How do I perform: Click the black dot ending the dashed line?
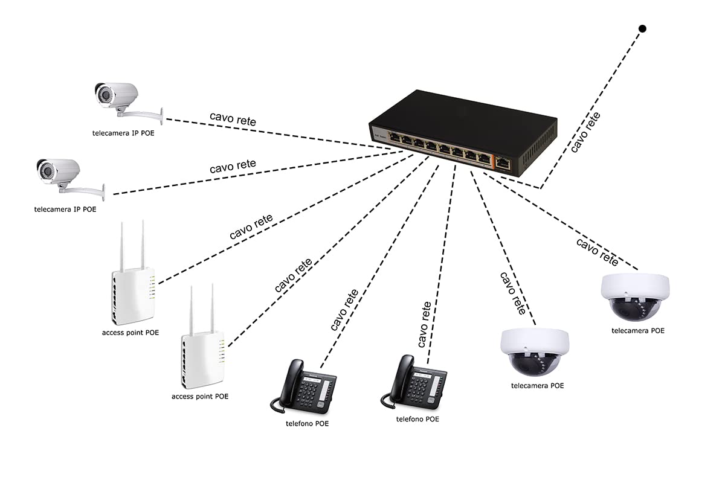[x=642, y=29]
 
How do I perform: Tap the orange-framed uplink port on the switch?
[x=503, y=164]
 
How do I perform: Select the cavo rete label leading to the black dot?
[x=585, y=132]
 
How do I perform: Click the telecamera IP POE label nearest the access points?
[x=65, y=210]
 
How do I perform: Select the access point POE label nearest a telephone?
[x=200, y=396]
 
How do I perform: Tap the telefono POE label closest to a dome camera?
[x=417, y=419]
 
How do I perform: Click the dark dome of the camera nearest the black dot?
[x=635, y=309]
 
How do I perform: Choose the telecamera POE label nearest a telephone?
[x=537, y=386]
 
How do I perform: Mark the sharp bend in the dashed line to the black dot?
[x=540, y=188]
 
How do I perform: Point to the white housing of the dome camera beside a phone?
[x=535, y=342]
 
